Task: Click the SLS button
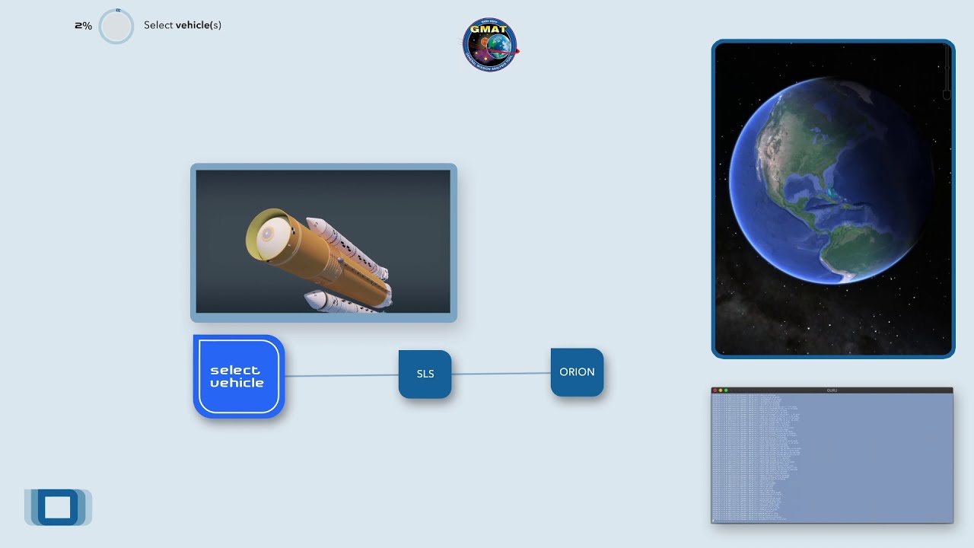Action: [x=425, y=374]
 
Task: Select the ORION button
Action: [x=577, y=372]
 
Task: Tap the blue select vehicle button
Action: [x=238, y=377]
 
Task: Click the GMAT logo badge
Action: [x=490, y=45]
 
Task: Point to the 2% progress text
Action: [x=83, y=26]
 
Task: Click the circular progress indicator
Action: [x=116, y=27]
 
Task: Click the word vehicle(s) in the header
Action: [x=198, y=25]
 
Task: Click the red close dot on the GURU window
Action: [x=715, y=390]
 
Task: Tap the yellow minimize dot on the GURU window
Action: [x=720, y=390]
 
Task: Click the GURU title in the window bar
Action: [x=832, y=390]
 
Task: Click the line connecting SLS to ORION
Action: [x=501, y=373]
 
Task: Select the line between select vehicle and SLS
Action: [x=341, y=375]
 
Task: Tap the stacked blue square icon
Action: [x=57, y=507]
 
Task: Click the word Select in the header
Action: [x=158, y=25]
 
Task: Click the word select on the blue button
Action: [x=234, y=370]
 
